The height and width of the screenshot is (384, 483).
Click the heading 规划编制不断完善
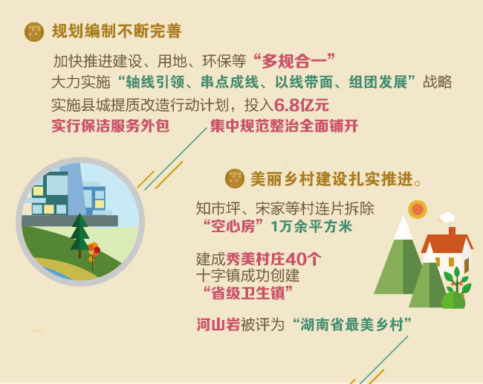tap(117, 31)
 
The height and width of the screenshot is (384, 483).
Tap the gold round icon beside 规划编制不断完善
tap(34, 31)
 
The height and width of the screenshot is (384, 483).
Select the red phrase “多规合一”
tap(294, 61)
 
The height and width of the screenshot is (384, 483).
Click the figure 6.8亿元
tap(302, 105)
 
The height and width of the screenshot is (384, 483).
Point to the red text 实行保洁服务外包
tap(110, 126)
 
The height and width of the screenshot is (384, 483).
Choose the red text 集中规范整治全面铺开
tap(284, 126)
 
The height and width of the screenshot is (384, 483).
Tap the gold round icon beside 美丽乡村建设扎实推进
tap(235, 179)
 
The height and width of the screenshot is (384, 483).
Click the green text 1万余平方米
tap(311, 227)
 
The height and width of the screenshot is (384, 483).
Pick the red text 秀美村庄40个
tap(274, 259)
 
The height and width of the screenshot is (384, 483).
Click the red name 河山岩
tap(218, 324)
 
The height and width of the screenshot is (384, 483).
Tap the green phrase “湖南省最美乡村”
tap(351, 324)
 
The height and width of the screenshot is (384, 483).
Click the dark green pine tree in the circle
tap(80, 234)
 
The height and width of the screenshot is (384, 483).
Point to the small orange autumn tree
tap(94, 253)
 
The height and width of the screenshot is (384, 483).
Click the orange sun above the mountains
tap(418, 209)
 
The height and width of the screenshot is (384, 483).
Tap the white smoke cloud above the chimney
tap(447, 218)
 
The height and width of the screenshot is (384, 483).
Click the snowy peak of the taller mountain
tap(403, 228)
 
